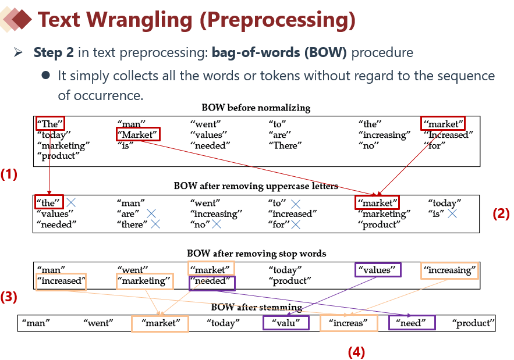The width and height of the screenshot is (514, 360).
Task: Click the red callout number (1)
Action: [x=9, y=174]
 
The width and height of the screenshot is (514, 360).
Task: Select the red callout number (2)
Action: [x=501, y=213]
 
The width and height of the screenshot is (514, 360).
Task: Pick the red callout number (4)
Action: [x=356, y=351]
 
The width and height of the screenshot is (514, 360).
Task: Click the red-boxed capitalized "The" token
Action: [x=49, y=123]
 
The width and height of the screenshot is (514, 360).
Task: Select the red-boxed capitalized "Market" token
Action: [x=137, y=135]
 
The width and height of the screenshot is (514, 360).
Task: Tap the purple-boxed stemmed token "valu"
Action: [x=285, y=323]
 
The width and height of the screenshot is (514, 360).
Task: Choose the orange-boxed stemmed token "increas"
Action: [x=348, y=323]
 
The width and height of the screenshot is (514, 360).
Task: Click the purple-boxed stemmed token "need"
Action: [x=412, y=323]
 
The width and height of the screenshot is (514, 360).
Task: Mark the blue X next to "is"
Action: [x=452, y=214]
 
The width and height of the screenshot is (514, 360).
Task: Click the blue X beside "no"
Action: [x=217, y=224]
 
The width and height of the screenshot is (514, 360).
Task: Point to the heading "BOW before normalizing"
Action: [x=256, y=108]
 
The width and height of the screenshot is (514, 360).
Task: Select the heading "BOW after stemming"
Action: [x=256, y=307]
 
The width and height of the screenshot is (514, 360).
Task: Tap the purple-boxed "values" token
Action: [x=378, y=270]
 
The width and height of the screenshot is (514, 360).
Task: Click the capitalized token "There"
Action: [x=285, y=145]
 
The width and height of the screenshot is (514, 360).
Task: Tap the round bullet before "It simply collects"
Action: [x=45, y=76]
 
